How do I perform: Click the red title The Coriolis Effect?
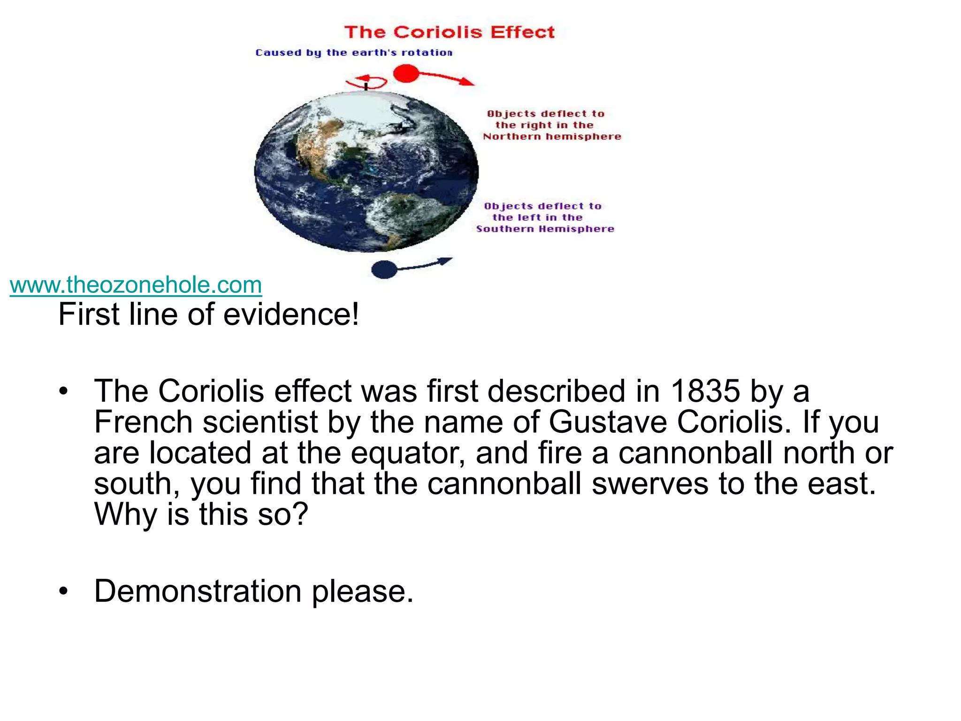click(x=449, y=32)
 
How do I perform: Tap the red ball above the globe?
click(x=405, y=73)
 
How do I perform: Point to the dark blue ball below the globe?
click(x=384, y=269)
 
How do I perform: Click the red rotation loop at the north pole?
click(x=366, y=82)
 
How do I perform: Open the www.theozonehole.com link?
click(x=136, y=285)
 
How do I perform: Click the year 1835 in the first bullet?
click(x=705, y=391)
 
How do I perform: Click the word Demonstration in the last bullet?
click(x=198, y=591)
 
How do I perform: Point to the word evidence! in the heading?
click(x=291, y=314)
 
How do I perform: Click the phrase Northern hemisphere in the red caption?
click(x=552, y=137)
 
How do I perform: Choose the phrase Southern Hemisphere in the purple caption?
click(x=545, y=229)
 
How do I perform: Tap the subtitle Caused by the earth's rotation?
click(x=354, y=53)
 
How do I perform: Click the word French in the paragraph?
click(x=143, y=422)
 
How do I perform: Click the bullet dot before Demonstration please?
click(x=64, y=591)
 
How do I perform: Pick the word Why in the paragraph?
click(x=126, y=514)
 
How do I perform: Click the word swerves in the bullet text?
click(x=650, y=483)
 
